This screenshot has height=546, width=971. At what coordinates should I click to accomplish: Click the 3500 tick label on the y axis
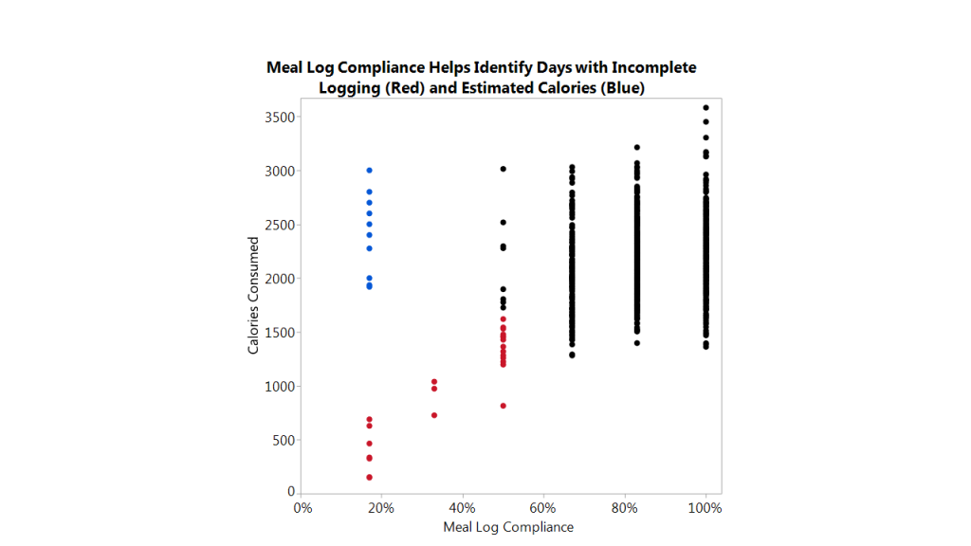pyautogui.click(x=280, y=118)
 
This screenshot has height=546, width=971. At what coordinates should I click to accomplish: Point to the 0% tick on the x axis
pyautogui.click(x=302, y=508)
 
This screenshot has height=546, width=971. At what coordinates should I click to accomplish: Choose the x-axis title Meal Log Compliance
pyautogui.click(x=508, y=527)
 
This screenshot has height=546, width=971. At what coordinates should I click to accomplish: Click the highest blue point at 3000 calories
pyautogui.click(x=369, y=171)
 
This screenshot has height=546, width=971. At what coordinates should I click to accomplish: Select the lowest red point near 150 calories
pyautogui.click(x=369, y=477)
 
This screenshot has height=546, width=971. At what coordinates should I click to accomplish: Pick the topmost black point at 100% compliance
pyautogui.click(x=706, y=108)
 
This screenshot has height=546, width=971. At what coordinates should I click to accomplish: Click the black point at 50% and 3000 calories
pyautogui.click(x=504, y=169)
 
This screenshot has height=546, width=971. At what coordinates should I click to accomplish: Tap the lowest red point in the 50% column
pyautogui.click(x=504, y=406)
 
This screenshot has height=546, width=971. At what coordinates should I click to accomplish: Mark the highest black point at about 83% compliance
pyautogui.click(x=637, y=147)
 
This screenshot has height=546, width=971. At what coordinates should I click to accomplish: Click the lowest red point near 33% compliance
pyautogui.click(x=434, y=415)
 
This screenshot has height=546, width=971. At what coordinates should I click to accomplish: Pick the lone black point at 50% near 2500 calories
pyautogui.click(x=504, y=223)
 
